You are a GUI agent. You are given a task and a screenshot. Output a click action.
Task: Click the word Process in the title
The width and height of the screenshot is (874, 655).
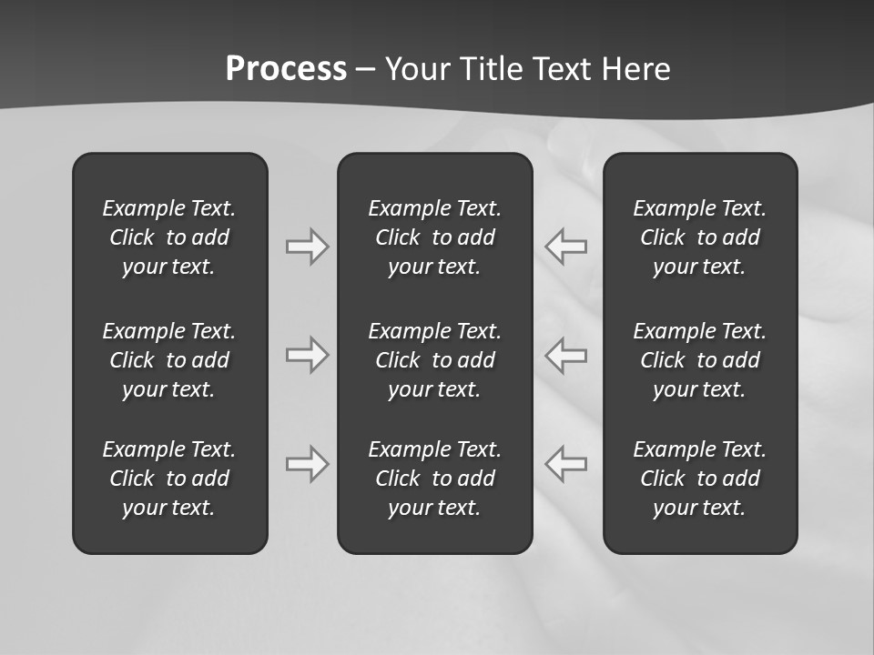click(x=286, y=69)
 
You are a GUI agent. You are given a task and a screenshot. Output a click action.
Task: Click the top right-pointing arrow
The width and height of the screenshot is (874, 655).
click(x=307, y=247)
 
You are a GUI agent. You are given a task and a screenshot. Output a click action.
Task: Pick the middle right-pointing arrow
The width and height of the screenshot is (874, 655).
click(x=307, y=355)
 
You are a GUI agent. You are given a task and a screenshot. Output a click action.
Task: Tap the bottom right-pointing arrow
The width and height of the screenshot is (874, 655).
click(x=307, y=463)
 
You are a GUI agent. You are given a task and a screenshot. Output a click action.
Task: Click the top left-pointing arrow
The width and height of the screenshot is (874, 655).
click(x=566, y=247)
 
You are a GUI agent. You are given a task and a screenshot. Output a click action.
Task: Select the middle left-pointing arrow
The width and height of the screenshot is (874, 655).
click(x=566, y=355)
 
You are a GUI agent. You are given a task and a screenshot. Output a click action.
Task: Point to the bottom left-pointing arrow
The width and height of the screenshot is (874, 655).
click(x=566, y=463)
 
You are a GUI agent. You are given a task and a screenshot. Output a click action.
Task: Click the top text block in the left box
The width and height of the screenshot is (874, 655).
click(x=169, y=237)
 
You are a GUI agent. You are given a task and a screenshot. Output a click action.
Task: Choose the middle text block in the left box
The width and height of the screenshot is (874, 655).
click(x=169, y=360)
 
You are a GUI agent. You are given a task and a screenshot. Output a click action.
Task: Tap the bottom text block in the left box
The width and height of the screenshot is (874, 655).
click(x=169, y=479)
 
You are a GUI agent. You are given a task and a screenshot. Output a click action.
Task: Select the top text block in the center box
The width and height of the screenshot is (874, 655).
click(x=435, y=237)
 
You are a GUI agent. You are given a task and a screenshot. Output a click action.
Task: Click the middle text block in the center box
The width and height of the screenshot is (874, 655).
click(x=435, y=360)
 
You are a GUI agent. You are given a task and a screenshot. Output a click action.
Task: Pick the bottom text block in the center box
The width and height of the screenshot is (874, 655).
click(x=435, y=479)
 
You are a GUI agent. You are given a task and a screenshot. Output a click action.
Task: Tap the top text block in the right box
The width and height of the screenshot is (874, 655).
click(x=700, y=237)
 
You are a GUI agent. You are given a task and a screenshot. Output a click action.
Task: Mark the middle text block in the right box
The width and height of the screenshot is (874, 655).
click(x=700, y=360)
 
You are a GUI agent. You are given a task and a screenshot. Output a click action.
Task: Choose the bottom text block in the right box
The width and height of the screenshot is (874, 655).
click(x=700, y=479)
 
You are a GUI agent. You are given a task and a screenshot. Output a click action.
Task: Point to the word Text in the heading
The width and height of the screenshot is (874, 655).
click(x=563, y=69)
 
